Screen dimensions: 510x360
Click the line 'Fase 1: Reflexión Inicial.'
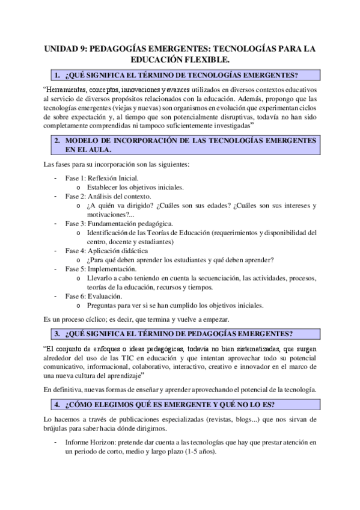(102, 178)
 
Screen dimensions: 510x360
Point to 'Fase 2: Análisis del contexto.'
(108, 196)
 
